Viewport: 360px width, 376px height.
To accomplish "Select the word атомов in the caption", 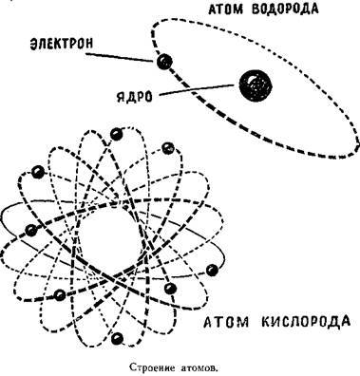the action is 209,362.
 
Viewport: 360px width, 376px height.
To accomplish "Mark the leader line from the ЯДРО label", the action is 195,91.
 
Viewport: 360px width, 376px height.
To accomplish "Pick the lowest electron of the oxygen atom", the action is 117,337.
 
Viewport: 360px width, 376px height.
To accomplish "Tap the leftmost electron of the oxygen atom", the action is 30,231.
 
